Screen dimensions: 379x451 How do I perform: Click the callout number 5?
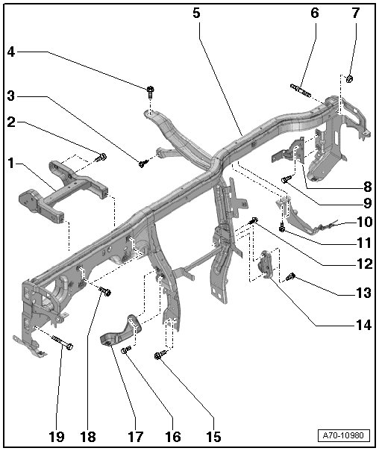click(x=196, y=13)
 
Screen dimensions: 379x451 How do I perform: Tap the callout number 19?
click(x=56, y=437)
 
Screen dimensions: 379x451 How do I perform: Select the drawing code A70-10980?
click(x=343, y=435)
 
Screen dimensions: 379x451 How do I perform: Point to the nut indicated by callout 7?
click(x=349, y=78)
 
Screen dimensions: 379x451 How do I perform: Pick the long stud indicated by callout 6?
click(x=301, y=90)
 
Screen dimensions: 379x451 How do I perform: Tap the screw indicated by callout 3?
click(x=143, y=163)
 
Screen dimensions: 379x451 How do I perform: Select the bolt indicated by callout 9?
click(x=286, y=179)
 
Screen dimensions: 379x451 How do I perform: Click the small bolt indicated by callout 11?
click(x=282, y=228)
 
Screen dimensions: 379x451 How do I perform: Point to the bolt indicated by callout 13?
click(x=290, y=277)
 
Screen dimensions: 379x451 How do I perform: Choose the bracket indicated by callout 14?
click(x=266, y=264)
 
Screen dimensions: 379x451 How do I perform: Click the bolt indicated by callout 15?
click(x=160, y=355)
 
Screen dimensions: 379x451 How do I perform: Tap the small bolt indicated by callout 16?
click(x=126, y=350)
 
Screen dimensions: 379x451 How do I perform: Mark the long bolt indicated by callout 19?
click(x=63, y=342)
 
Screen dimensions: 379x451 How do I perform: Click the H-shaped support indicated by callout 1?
click(x=63, y=190)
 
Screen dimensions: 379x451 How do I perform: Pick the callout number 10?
click(x=365, y=222)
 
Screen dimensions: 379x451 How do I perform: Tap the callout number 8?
click(x=368, y=187)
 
